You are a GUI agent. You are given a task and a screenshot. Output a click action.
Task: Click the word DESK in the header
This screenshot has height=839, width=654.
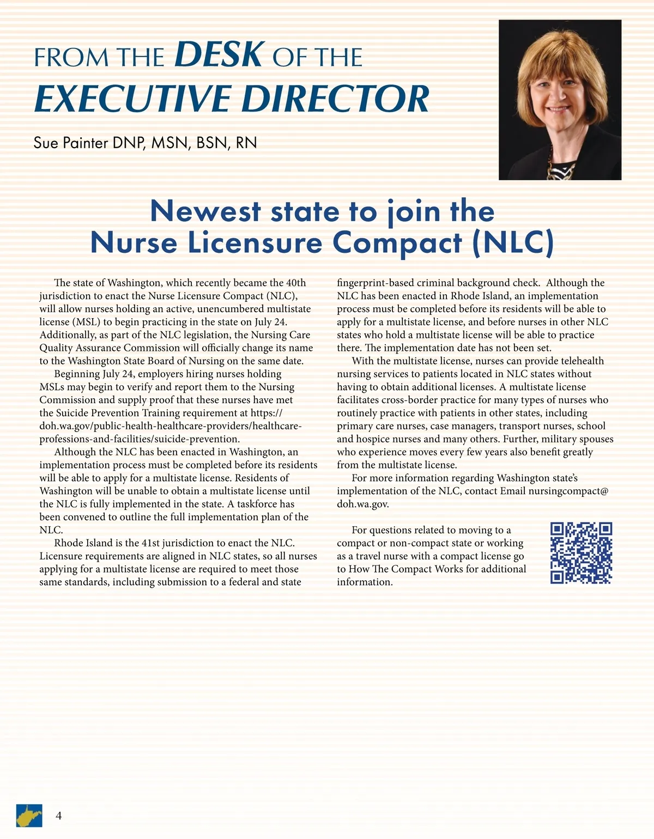[x=220, y=54]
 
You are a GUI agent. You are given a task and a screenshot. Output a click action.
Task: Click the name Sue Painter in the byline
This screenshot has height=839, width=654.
[x=70, y=143]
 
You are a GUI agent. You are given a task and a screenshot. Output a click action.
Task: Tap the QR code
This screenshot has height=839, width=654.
[x=581, y=553]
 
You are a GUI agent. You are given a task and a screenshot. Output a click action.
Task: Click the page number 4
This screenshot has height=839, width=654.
[x=58, y=816]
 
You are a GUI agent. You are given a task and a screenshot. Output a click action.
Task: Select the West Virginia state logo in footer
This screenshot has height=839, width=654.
[x=29, y=816]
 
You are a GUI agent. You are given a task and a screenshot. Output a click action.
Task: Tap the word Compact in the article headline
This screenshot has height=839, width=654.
[x=397, y=244]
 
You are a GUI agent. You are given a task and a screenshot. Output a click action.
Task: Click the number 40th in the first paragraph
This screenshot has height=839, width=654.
[x=296, y=283]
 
